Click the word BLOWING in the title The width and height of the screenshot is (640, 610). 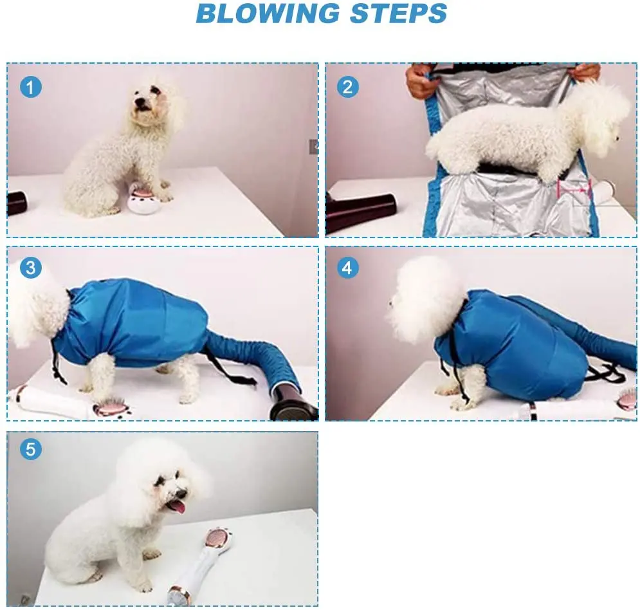268,14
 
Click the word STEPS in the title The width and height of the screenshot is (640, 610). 398,14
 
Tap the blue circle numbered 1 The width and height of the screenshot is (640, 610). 31,87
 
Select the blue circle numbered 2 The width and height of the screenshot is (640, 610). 348,87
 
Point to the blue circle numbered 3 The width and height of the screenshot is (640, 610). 31,268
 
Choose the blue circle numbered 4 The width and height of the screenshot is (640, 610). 348,268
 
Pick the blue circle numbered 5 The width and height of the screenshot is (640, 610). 31,449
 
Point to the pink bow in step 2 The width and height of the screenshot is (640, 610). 574,189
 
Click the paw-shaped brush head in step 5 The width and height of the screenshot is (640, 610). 217,538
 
